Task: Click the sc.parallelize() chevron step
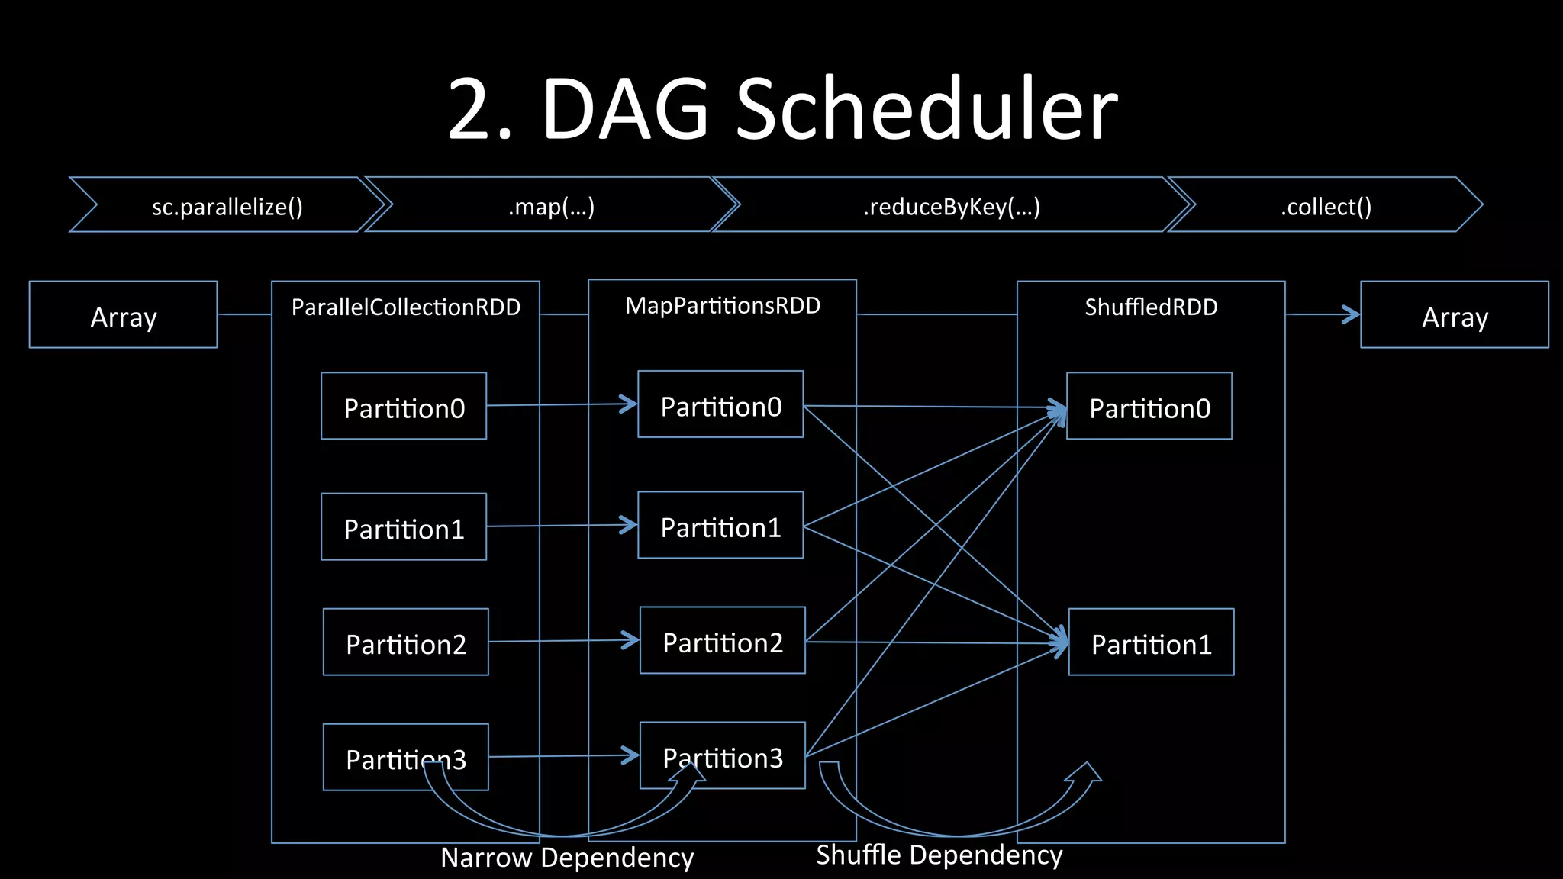coord(227,206)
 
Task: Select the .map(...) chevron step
coord(551,206)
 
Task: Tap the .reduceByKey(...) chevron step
coord(951,206)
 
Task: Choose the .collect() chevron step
coord(1326,206)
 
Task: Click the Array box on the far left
coord(123,315)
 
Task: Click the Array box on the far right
coord(1454,315)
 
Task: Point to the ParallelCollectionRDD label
coord(405,307)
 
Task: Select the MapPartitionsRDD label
coord(722,305)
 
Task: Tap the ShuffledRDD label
coord(1151,307)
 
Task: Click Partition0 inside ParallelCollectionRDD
coord(404,407)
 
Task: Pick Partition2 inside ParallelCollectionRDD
coord(405,642)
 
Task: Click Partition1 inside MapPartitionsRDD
coord(720,526)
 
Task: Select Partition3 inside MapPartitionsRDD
coord(722,756)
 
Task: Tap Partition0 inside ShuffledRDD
coord(1149,407)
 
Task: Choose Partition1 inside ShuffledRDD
coord(1151,642)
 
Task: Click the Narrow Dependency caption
coord(567,858)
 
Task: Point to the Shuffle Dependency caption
coord(939,855)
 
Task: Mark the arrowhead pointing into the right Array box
coord(1352,314)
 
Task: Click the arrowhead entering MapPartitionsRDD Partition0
coord(630,404)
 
